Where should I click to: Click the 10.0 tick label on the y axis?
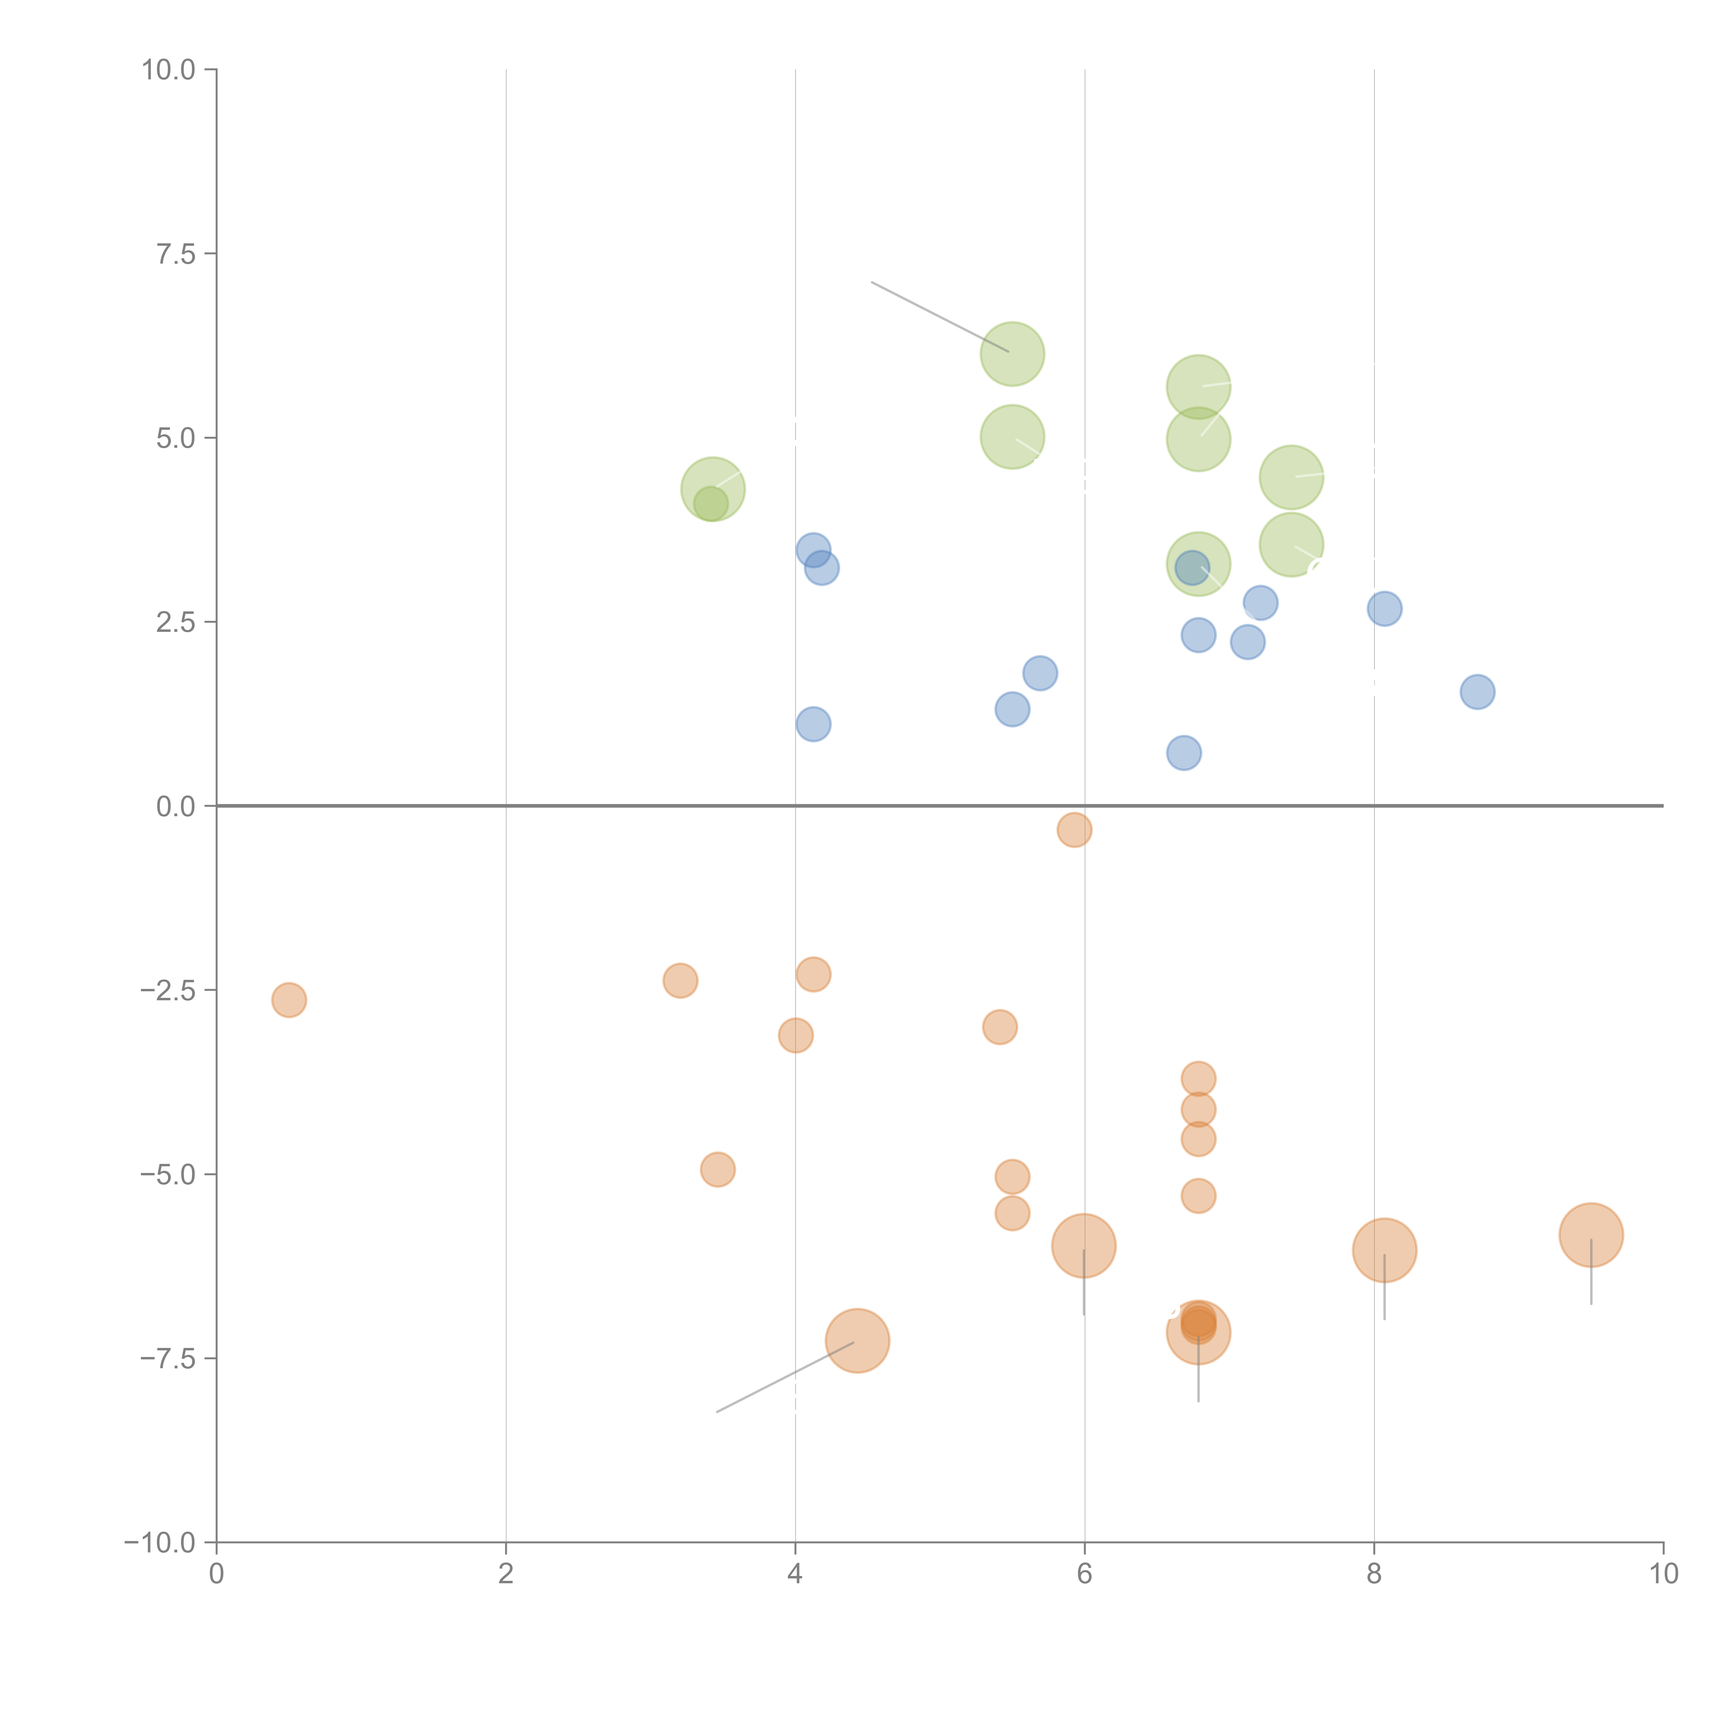pyautogui.click(x=169, y=70)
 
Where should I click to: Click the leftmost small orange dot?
pyautogui.click(x=289, y=999)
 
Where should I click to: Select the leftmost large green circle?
pyautogui.click(x=713, y=489)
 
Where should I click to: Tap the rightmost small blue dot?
pyautogui.click(x=1477, y=691)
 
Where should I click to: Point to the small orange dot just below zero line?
pyautogui.click(x=1074, y=830)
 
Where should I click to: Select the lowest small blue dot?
pyautogui.click(x=1184, y=752)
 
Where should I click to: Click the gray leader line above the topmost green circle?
pyautogui.click(x=940, y=317)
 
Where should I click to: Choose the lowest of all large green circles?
pyautogui.click(x=1199, y=564)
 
